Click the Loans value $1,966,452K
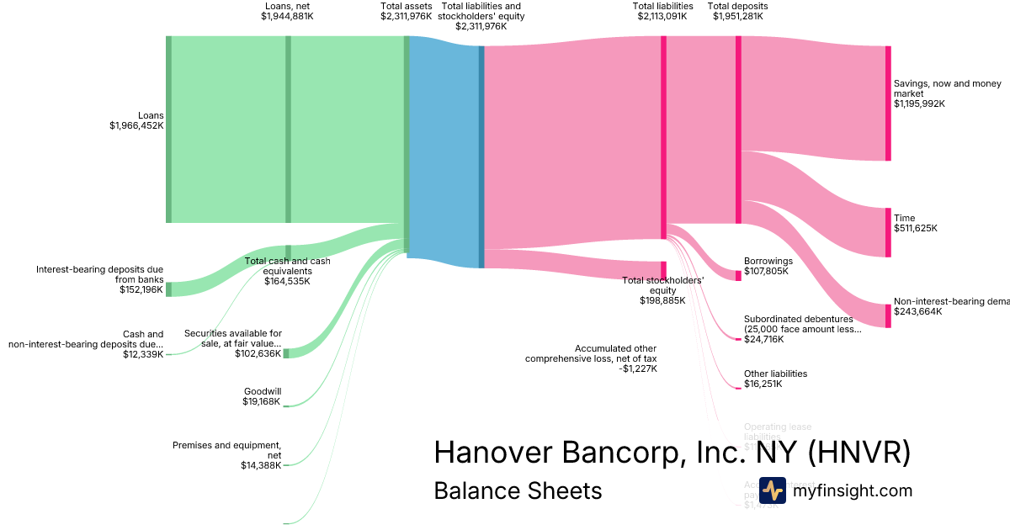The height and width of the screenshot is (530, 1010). click(x=136, y=125)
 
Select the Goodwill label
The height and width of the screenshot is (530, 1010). click(x=263, y=391)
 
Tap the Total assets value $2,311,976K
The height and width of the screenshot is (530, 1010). click(x=407, y=16)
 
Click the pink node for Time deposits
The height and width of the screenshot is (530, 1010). click(x=887, y=232)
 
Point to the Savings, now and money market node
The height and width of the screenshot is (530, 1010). click(x=887, y=103)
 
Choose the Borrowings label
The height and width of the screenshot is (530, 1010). click(x=768, y=261)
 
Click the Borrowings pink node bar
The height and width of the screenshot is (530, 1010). click(x=738, y=275)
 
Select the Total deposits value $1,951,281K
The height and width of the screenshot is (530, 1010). click(x=738, y=16)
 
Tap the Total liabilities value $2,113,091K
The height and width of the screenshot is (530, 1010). click(x=663, y=16)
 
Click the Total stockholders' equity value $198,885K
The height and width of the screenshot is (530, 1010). click(x=662, y=300)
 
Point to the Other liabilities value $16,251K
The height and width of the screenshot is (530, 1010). click(x=763, y=384)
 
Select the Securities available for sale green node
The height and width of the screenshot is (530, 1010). click(x=286, y=353)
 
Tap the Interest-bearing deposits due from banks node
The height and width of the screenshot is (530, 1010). click(x=168, y=289)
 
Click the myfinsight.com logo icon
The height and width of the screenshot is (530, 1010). click(x=772, y=490)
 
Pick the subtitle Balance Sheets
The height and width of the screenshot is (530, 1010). click(x=518, y=490)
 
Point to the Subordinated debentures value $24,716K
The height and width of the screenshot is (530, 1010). click(x=763, y=339)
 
